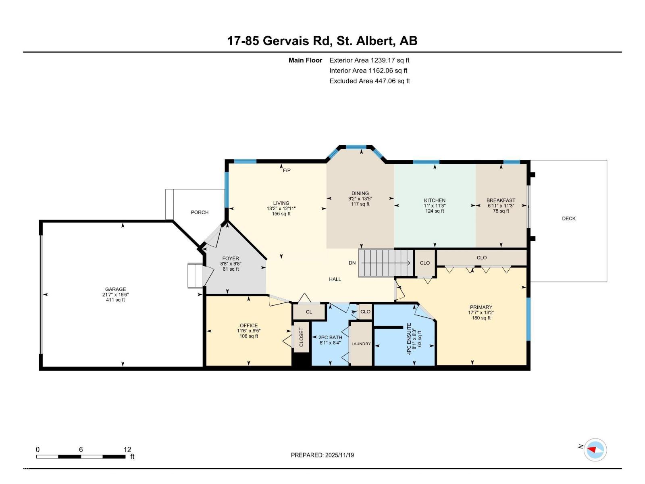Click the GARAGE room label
(115, 289)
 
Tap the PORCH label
(200, 212)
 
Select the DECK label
(569, 219)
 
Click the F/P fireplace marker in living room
(287, 171)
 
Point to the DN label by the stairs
(352, 263)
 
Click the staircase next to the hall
(385, 263)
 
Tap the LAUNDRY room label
(361, 344)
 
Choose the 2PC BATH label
(330, 338)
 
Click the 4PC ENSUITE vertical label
(409, 339)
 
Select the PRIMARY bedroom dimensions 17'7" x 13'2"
(481, 313)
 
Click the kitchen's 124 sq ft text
(435, 211)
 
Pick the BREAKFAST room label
(501, 200)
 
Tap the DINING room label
(360, 193)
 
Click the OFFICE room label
(249, 325)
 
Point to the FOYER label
(231, 259)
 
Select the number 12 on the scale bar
(127, 450)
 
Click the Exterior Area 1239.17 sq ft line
(369, 60)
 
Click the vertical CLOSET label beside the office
(302, 337)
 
